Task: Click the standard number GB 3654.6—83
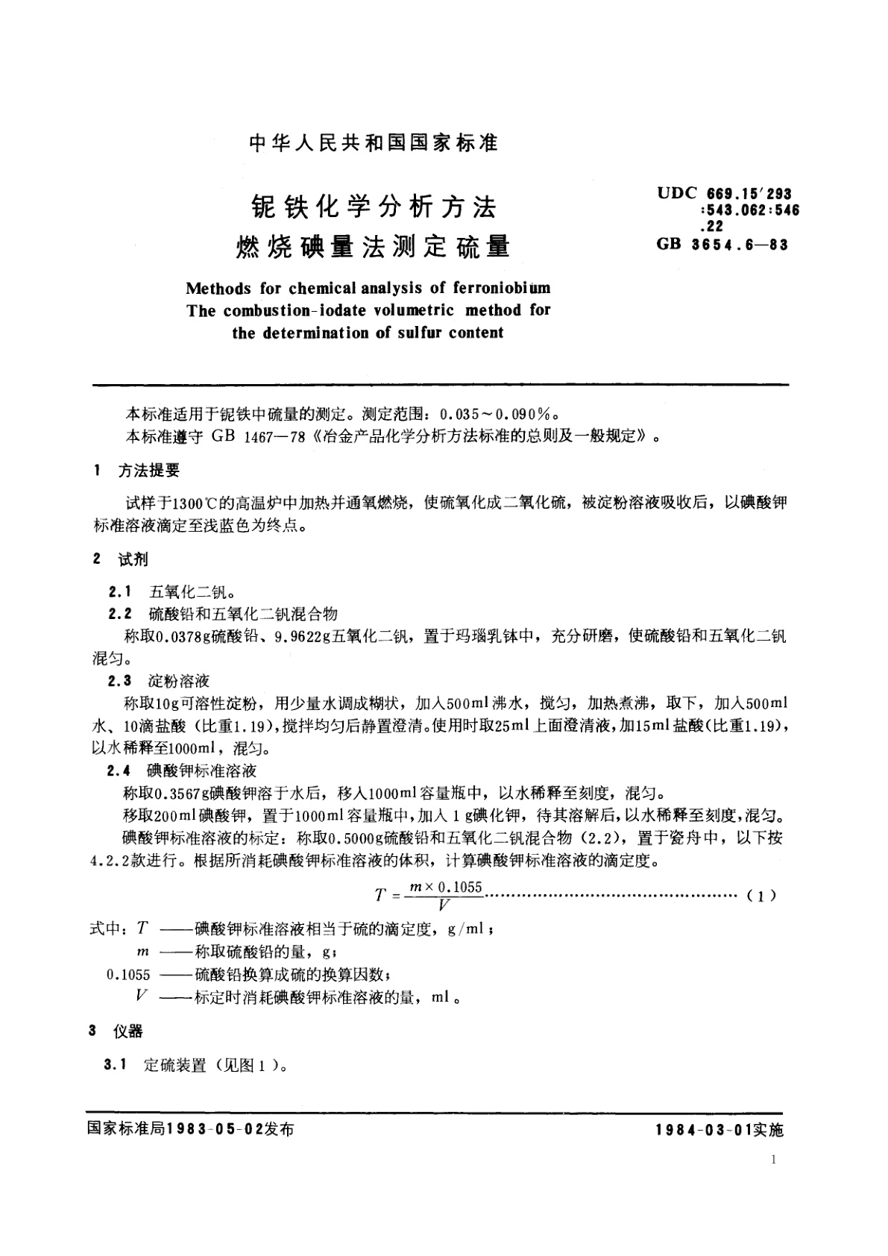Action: pyautogui.click(x=722, y=244)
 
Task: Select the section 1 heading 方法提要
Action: pyautogui.click(x=149, y=471)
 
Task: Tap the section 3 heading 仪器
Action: pyautogui.click(x=127, y=1032)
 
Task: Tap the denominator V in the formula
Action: pyautogui.click(x=444, y=905)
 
